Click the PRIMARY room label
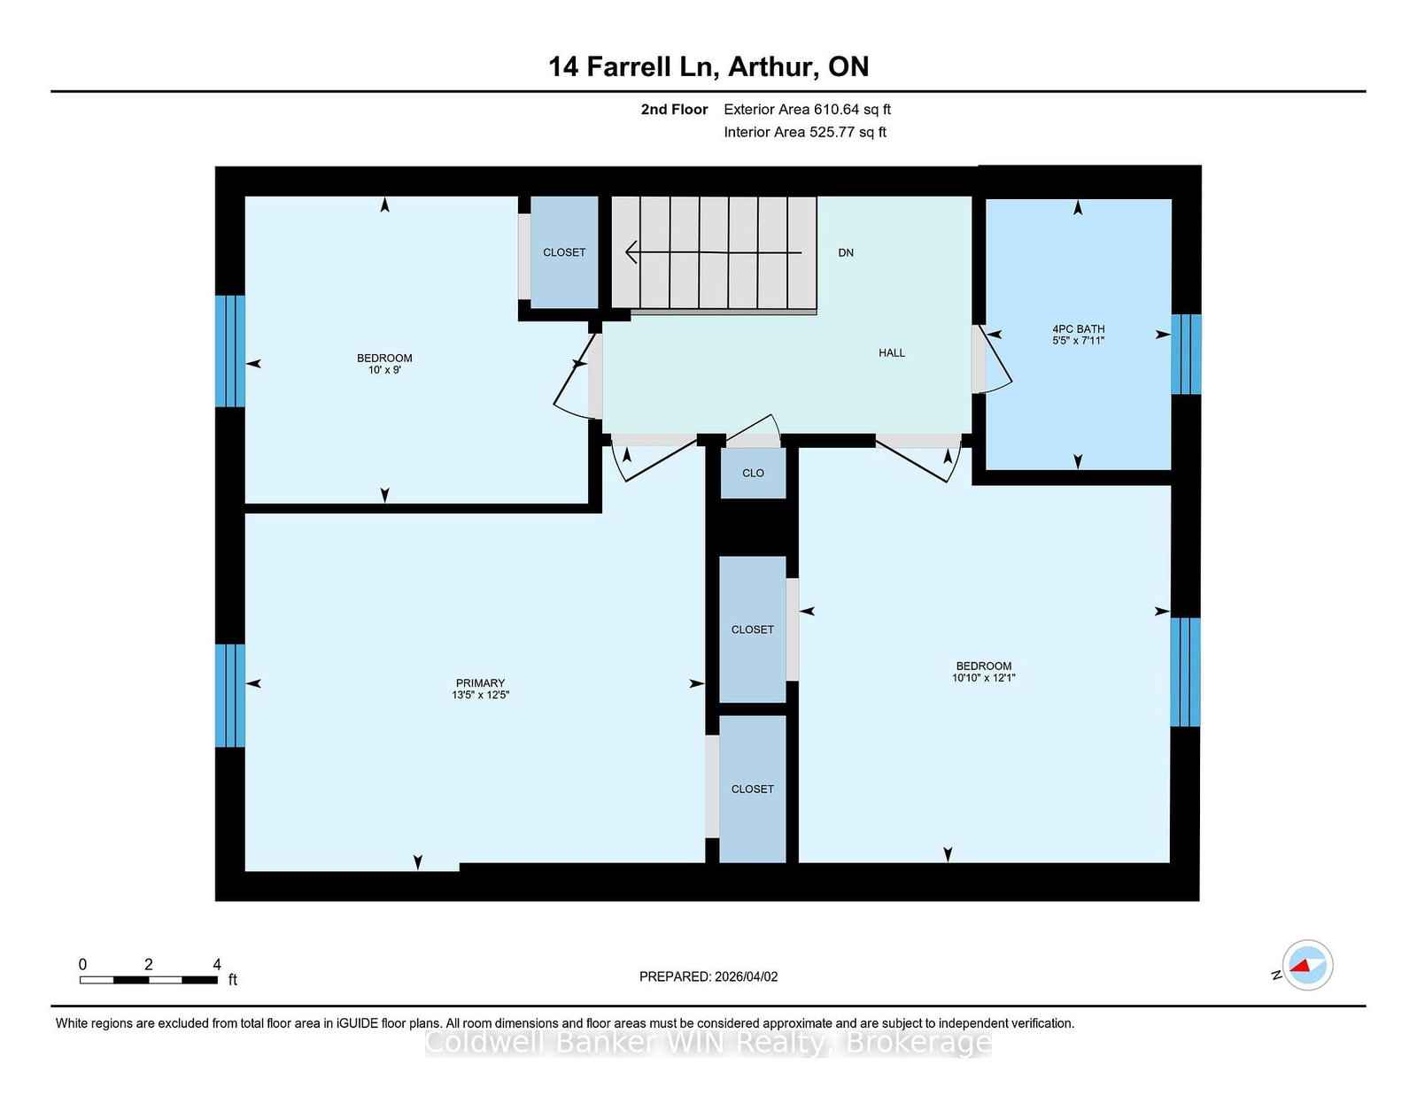point(480,683)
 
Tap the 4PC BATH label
point(1078,329)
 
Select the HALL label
point(892,352)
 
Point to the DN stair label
point(846,253)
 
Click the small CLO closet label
point(753,474)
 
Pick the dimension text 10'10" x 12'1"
point(983,678)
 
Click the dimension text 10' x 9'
point(384,369)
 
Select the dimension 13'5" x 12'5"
point(480,695)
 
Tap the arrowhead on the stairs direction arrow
point(631,251)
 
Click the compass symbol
point(1307,965)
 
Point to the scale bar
point(149,980)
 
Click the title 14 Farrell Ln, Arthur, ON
point(708,66)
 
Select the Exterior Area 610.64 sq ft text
point(808,110)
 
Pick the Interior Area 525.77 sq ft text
point(805,132)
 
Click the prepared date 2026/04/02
point(746,976)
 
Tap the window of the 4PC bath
point(1186,355)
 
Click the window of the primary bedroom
point(230,696)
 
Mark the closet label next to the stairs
point(564,252)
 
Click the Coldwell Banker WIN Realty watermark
point(708,1042)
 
